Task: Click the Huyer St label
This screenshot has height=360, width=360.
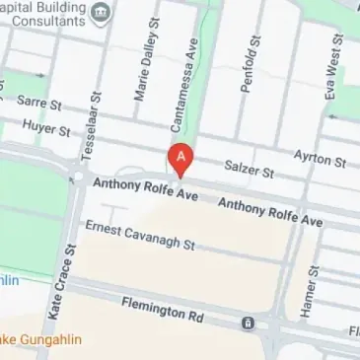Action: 48,129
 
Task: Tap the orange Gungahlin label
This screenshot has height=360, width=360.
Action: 39,340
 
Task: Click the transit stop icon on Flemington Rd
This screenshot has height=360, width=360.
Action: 248,323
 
